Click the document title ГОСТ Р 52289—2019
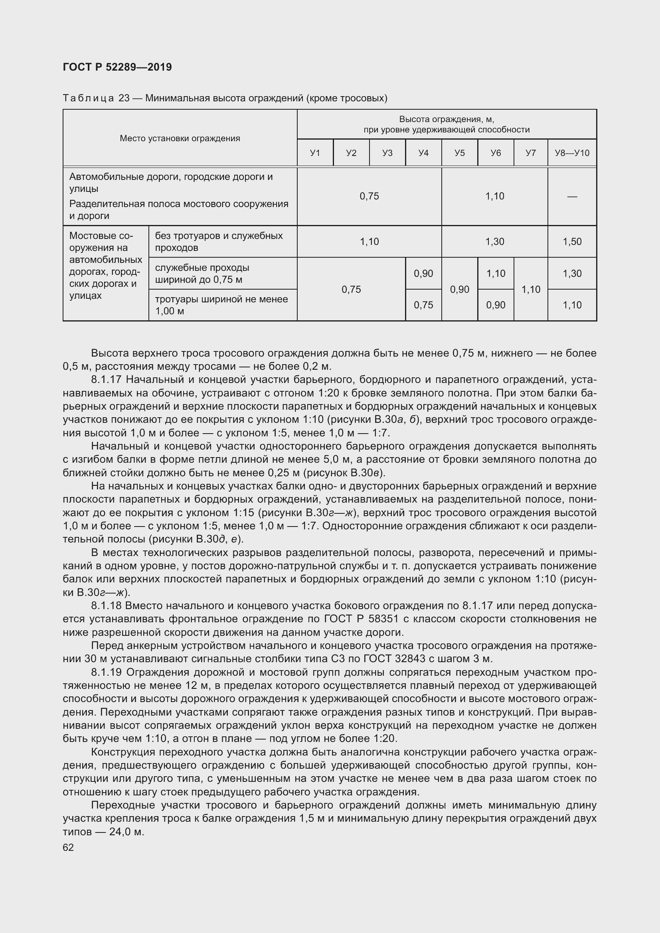(117, 67)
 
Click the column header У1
(315, 153)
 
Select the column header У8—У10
(572, 153)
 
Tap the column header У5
(459, 153)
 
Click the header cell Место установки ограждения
(180, 138)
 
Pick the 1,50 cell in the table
(572, 241)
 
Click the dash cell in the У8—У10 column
(572, 196)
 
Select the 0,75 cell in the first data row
(369, 196)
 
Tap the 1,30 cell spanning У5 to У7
(494, 241)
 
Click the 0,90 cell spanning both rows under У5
(459, 289)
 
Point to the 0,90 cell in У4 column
(423, 274)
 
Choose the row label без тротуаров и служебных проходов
(219, 241)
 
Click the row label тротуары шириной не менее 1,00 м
(221, 305)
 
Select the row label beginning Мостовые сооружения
(105, 265)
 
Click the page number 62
(68, 847)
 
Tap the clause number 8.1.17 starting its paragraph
(107, 379)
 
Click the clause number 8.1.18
(107, 606)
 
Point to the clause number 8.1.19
(107, 672)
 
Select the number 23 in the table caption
(124, 99)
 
